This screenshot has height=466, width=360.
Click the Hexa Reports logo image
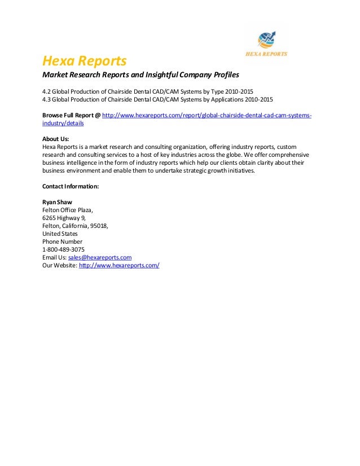[265, 43]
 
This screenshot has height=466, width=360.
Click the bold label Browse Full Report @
[71, 115]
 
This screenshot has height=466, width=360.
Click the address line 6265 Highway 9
[64, 218]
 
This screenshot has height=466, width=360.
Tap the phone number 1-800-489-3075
[64, 249]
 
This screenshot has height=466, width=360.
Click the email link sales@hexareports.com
[99, 257]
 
